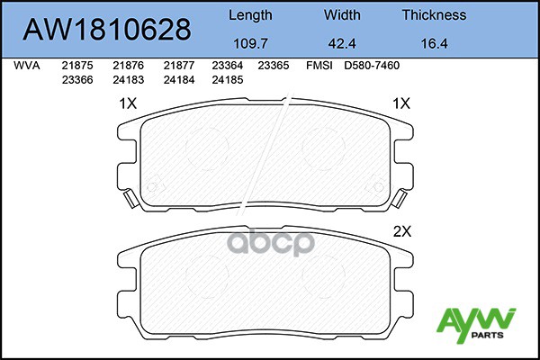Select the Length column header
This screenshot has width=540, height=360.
[249, 15]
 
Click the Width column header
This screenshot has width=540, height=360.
[342, 15]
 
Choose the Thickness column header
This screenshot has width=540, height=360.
[434, 15]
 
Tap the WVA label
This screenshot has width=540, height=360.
[26, 66]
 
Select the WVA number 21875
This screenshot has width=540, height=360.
[76, 66]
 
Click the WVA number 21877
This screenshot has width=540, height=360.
[177, 66]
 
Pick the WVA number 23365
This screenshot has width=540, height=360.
[273, 66]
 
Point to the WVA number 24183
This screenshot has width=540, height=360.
[127, 78]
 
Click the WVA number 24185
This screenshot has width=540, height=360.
[226, 78]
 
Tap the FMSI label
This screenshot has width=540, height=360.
[319, 66]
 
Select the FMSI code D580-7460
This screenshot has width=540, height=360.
[372, 66]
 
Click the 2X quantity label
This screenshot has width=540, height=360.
[401, 230]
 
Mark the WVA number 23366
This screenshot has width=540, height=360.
[76, 78]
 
